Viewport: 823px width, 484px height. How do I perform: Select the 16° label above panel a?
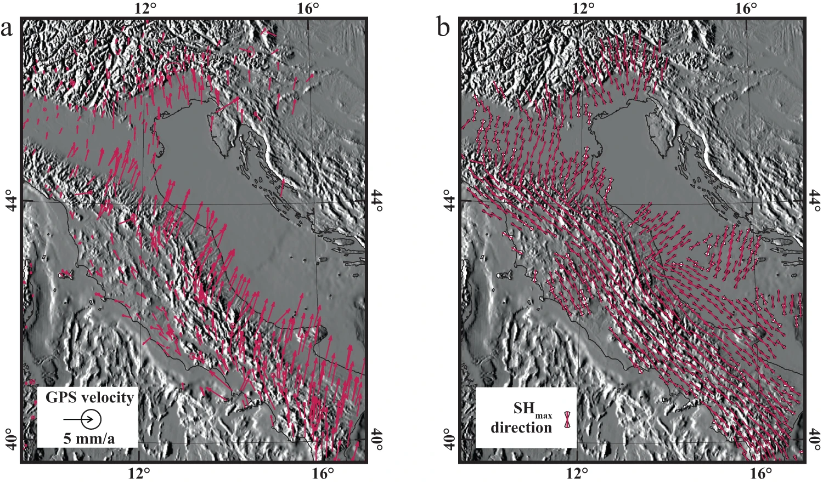tap(308, 9)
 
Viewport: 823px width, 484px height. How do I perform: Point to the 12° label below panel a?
tap(139, 474)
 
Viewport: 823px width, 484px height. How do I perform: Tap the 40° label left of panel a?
tap(10, 440)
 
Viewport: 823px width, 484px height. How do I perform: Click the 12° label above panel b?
tap(583, 9)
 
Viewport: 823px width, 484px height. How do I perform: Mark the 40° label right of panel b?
tap(815, 440)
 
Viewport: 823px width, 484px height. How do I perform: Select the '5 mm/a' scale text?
tap(89, 438)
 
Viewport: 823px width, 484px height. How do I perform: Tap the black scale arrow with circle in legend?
tap(82, 419)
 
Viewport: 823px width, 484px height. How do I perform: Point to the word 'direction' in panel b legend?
tap(521, 428)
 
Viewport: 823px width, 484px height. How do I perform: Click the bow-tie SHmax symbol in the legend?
tap(567, 419)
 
